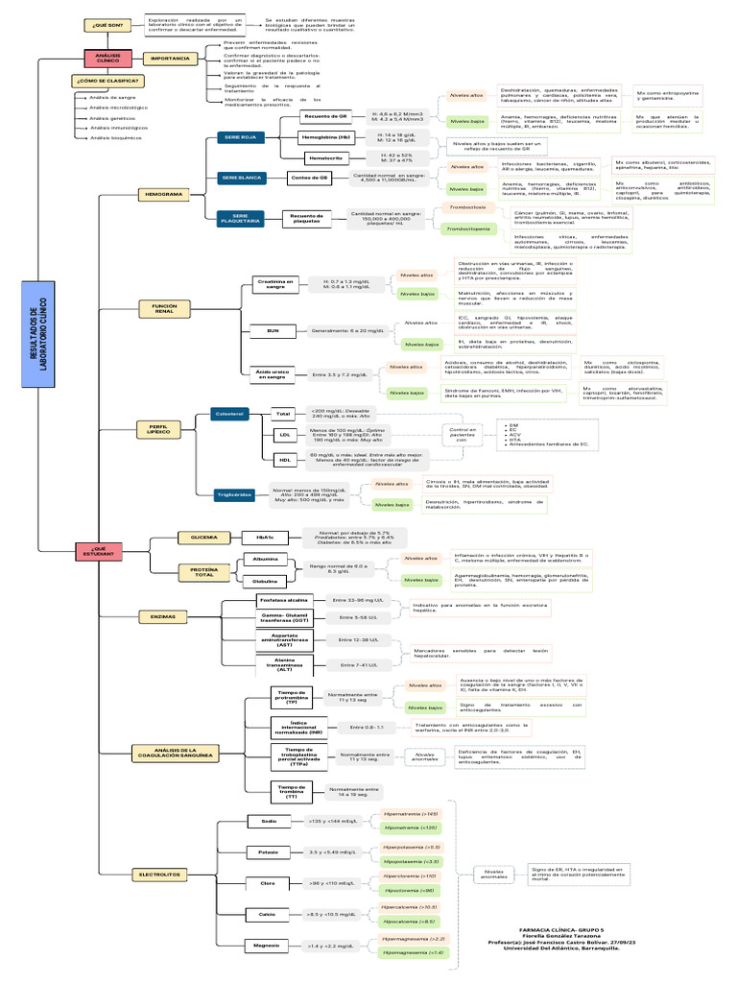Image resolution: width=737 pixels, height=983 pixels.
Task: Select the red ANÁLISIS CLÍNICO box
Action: pos(107,59)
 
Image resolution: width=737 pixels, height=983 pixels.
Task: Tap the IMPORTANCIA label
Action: pos(169,59)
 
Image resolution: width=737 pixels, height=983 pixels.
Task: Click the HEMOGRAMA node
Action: pos(162,194)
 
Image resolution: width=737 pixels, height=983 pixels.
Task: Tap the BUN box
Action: pos(272,330)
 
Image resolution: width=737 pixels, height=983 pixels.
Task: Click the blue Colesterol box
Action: pos(229,413)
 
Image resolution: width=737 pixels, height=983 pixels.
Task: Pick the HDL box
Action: pos(284,459)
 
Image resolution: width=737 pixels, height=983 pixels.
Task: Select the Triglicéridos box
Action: pos(235,493)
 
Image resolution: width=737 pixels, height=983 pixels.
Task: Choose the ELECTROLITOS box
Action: pos(159,875)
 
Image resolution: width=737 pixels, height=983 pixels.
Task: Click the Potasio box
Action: pos(268,851)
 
